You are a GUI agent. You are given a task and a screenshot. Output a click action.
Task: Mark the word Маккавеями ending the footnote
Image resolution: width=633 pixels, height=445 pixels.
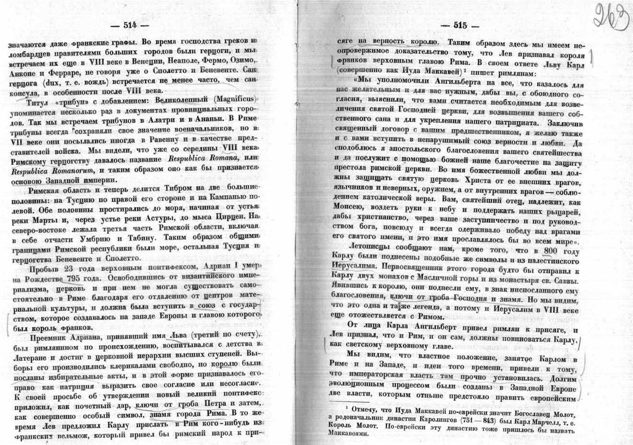pyautogui.click(x=354, y=433)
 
